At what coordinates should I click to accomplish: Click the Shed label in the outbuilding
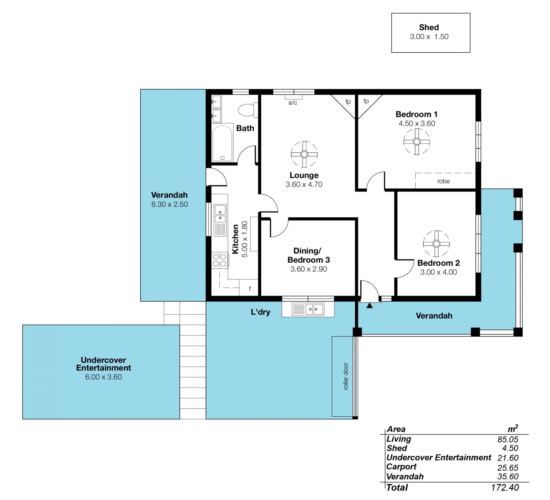coord(429,27)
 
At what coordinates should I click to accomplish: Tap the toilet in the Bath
coord(248,110)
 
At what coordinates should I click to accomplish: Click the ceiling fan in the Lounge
coord(304,154)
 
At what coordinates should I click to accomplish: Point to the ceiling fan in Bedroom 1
coord(417,141)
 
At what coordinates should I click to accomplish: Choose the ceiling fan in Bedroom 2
coord(436,244)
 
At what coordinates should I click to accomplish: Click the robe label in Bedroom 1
coord(443,181)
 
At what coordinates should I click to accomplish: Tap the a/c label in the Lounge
coord(292,103)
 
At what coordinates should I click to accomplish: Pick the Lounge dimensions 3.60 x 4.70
coord(304,184)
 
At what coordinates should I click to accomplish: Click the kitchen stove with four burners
coord(220,260)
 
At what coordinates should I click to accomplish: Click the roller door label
coord(346,376)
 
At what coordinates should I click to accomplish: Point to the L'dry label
coord(260,312)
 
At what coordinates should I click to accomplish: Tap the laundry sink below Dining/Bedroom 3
coord(308,309)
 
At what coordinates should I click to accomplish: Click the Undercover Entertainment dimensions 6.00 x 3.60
coord(103,377)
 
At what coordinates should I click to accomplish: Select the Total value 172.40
coord(505,487)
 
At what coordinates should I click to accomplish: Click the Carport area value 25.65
coord(508,468)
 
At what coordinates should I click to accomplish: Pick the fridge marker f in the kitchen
coord(250,289)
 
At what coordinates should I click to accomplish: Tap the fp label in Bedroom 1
coord(366,101)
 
